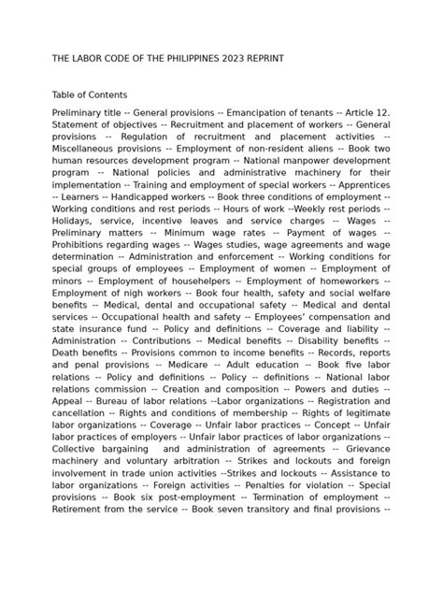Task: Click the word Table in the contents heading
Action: (x=65, y=94)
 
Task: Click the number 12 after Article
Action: (x=383, y=112)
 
